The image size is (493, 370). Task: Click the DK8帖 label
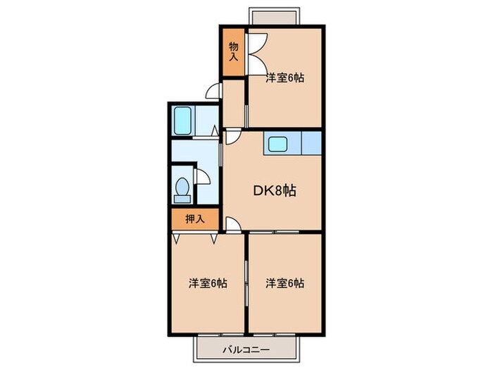[x=274, y=190]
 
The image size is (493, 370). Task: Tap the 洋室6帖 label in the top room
[x=285, y=79]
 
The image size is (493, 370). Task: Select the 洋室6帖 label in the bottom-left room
[x=208, y=283]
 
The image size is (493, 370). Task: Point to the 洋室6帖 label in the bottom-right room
[x=285, y=283]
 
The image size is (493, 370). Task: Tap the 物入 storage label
[x=234, y=52]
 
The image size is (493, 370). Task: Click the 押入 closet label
[x=195, y=219]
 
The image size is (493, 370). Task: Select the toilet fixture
[x=182, y=188]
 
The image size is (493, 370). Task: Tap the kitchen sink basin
[x=277, y=144]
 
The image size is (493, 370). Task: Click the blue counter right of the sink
[x=311, y=144]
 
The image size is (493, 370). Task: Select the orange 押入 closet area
[x=195, y=219]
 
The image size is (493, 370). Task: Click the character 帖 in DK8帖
[x=289, y=190]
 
